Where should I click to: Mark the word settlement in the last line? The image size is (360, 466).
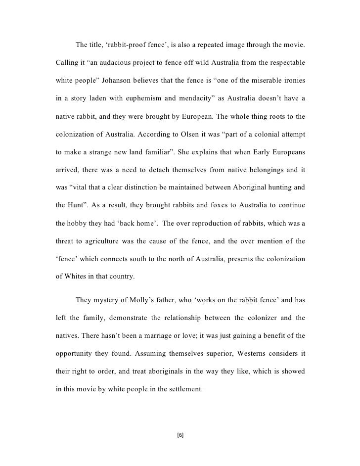coord(183,389)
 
